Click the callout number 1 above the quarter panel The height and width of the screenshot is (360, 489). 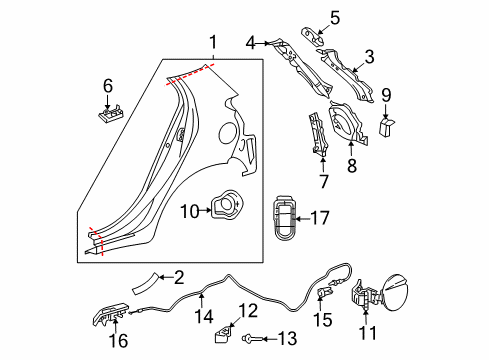pos(212,41)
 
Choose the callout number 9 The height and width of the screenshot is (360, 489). pos(388,97)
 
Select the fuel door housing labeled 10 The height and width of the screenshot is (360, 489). pos(225,205)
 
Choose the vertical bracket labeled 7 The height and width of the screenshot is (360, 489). pos(319,135)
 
